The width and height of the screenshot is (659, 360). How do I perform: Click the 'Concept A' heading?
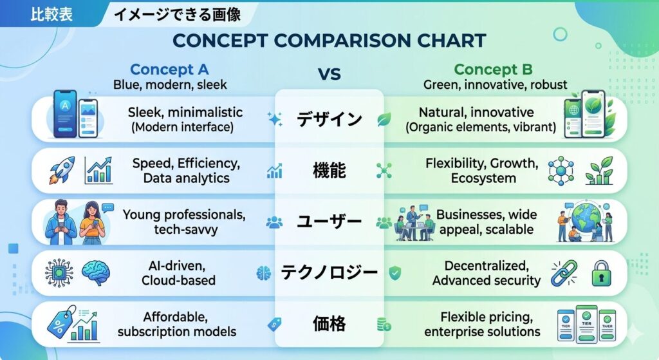169,70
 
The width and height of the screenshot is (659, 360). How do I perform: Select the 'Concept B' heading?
493,70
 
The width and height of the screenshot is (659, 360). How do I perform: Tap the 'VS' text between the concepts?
329,75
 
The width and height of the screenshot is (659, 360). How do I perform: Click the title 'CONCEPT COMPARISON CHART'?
329,41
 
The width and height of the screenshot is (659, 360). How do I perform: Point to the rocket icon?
62,170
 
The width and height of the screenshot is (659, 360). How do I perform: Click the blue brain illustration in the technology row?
96,273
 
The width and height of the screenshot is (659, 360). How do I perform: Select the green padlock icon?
602,273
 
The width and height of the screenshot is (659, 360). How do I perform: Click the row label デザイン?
329,119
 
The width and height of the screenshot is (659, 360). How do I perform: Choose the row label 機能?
329,170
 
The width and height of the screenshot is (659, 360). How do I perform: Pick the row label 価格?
329,324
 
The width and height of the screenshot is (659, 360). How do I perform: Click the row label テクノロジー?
329,272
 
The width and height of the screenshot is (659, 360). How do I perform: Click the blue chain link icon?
564,273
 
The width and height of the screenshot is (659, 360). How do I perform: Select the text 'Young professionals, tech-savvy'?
185,222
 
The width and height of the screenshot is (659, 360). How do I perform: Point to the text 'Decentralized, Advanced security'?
487,273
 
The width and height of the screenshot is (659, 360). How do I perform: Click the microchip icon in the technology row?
59,273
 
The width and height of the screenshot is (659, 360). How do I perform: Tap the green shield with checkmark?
394,273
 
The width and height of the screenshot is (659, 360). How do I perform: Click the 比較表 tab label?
51,14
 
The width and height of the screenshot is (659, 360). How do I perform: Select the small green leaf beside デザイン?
384,119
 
